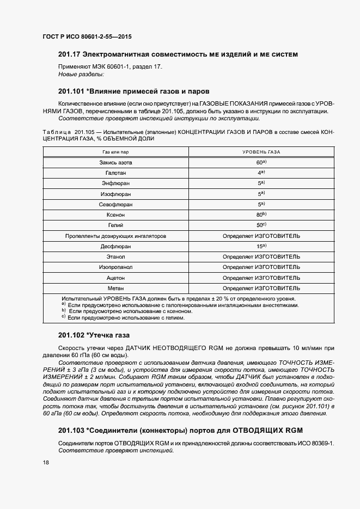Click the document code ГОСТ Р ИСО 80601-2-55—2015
point(87,37)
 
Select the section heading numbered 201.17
point(178,54)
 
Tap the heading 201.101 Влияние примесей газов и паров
point(133,91)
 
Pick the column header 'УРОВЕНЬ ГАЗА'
point(261,152)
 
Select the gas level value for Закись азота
point(261,163)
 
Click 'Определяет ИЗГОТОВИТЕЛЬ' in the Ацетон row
point(261,278)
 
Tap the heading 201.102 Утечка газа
point(94,335)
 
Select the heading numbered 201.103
point(180,430)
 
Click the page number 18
point(45,462)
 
